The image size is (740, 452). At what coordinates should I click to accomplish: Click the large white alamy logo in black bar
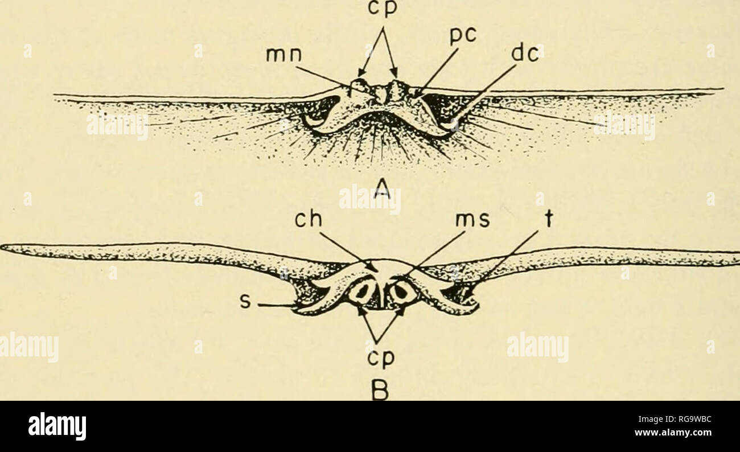tap(57, 426)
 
